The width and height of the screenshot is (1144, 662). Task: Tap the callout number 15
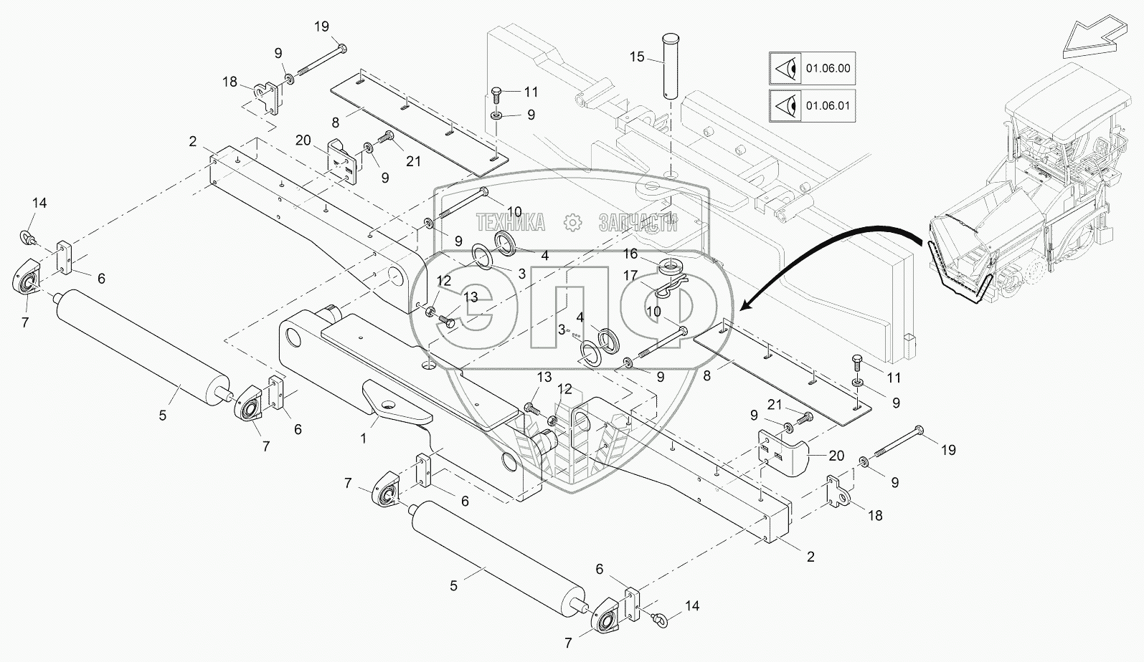point(638,57)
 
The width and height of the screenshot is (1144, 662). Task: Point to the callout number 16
point(630,254)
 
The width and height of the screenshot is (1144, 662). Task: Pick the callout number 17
point(630,274)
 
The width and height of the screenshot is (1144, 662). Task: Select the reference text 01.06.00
point(828,69)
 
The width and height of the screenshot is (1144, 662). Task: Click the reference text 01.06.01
point(828,106)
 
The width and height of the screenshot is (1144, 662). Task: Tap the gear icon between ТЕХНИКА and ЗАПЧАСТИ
point(572,222)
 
